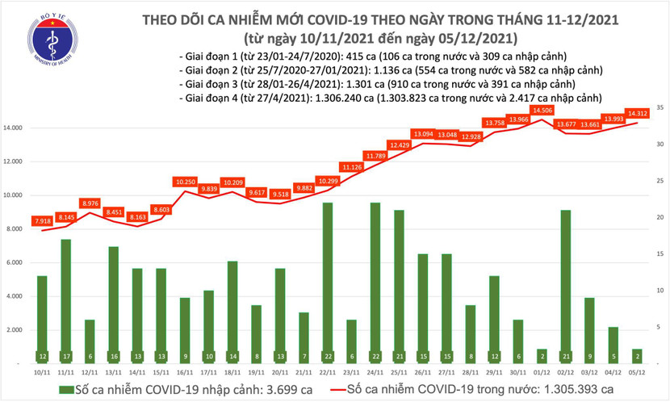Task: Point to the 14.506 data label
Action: coord(541,110)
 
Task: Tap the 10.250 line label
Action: coord(185,182)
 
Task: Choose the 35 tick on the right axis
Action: coord(660,107)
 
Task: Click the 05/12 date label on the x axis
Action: coord(637,373)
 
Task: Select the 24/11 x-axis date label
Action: coord(375,373)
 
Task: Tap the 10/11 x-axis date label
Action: coord(42,373)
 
